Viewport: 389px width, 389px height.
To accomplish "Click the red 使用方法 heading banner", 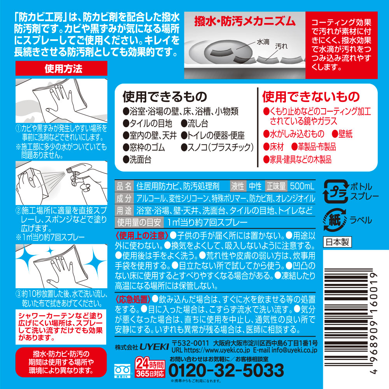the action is click(x=61, y=68).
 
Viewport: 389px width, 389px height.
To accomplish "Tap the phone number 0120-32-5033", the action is click(x=226, y=370).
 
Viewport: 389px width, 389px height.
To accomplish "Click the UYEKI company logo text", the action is click(x=154, y=347).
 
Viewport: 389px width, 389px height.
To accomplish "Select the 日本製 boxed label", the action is click(x=337, y=242).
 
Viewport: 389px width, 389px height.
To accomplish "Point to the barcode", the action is click(x=348, y=320).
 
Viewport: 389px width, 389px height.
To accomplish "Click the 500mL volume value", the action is click(x=302, y=186).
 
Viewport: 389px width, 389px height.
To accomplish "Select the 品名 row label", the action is click(x=124, y=186).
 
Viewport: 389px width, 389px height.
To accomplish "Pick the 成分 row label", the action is click(x=124, y=198).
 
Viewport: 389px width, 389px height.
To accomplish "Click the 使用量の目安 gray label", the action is click(x=139, y=222).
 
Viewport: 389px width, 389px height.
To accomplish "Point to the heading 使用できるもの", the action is click(x=165, y=96).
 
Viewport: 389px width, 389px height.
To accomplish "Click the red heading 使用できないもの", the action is click(x=311, y=96).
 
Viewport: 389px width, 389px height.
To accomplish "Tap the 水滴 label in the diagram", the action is click(x=263, y=42).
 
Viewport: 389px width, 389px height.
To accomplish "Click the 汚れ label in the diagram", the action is click(x=281, y=46).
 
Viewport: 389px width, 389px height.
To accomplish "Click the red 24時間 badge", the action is click(x=150, y=367).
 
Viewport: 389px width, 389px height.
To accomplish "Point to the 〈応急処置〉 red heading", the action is click(x=133, y=300).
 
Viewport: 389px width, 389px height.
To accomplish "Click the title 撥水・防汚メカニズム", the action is click(x=245, y=21).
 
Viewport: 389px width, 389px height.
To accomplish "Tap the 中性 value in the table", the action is click(x=255, y=186).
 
